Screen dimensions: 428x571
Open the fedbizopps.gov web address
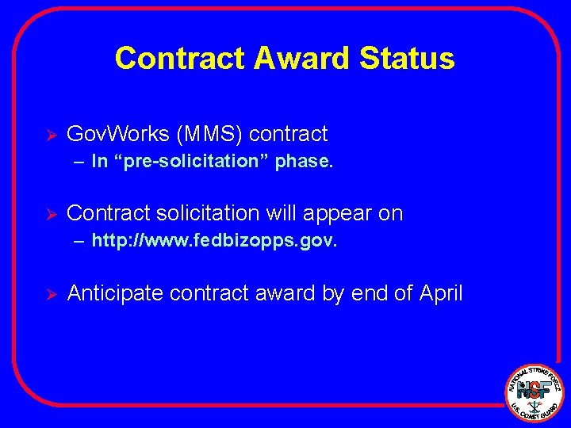point(214,241)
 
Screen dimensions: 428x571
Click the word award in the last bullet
point(280,293)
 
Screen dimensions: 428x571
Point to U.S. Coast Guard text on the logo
point(536,411)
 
